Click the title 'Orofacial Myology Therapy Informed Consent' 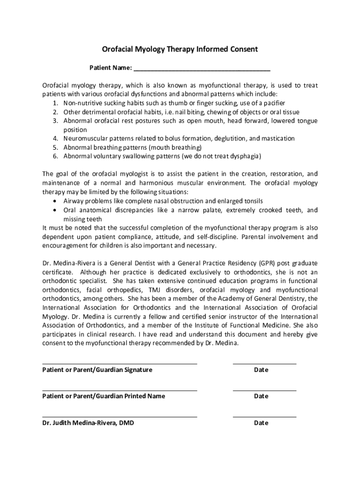[180, 49]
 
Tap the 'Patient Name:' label [110, 68]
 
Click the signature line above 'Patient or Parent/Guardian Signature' [120, 363]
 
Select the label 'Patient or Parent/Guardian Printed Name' [103, 396]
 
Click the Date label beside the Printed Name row [261, 396]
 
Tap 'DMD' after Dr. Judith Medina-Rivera [126, 423]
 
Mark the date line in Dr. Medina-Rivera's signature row [264, 416]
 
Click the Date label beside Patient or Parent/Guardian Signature [261, 370]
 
